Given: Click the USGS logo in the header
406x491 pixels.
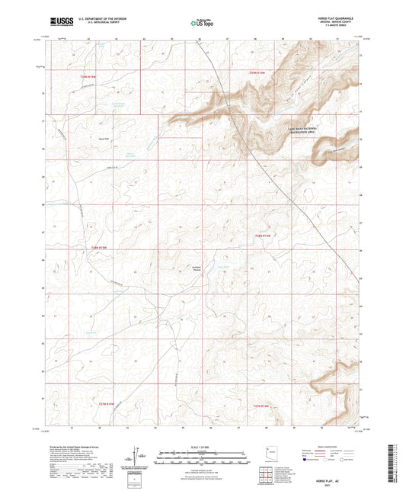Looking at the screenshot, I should (x=62, y=23).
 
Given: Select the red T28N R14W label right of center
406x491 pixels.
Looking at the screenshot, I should (x=262, y=236).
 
